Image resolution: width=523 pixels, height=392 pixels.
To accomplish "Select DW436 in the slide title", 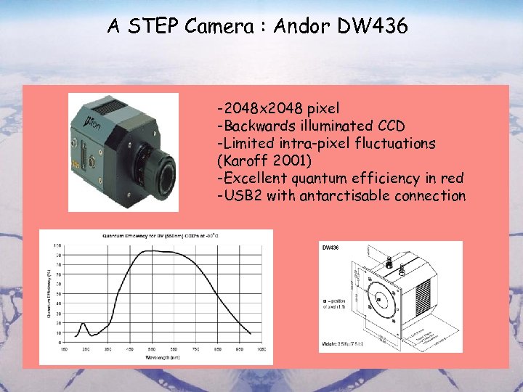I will coord(372,26).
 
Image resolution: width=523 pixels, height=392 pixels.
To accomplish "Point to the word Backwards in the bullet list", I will coord(256,126).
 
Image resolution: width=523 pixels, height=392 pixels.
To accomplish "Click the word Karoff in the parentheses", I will coord(243,161).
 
